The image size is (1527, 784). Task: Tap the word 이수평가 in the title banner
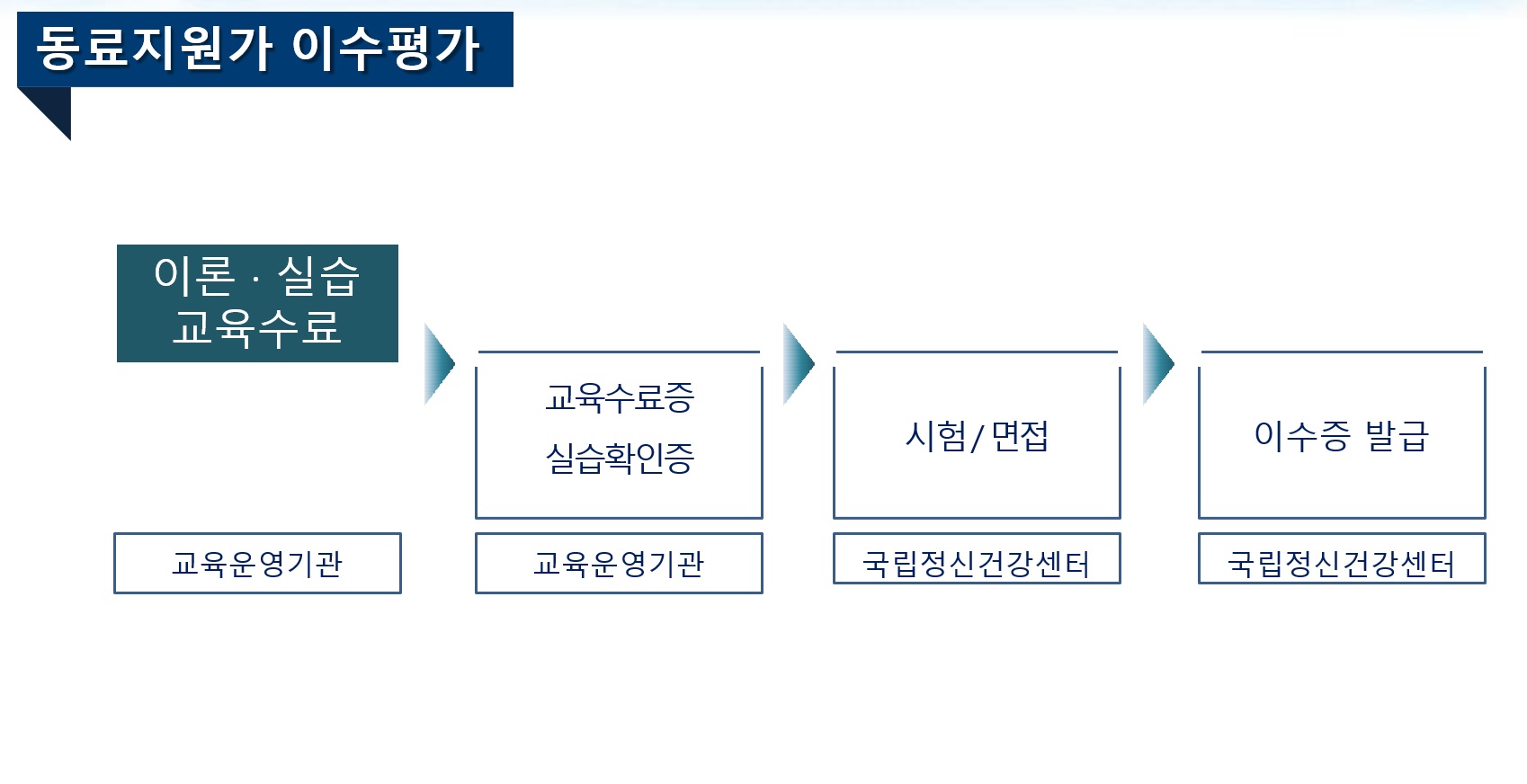click(x=386, y=49)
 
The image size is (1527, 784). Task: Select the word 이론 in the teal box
click(x=194, y=276)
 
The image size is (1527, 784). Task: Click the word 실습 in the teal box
click(x=318, y=276)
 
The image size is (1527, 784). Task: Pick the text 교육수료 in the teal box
click(x=257, y=327)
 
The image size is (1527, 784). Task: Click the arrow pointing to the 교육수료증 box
click(x=439, y=363)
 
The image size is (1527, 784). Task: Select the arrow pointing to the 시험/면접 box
click(x=798, y=363)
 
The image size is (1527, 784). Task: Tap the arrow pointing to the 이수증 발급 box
click(x=1157, y=363)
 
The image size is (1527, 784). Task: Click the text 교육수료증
click(x=620, y=397)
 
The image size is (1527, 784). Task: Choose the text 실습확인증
click(x=620, y=458)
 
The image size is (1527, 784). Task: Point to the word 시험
click(x=935, y=436)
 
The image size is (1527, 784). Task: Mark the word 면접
click(x=1020, y=436)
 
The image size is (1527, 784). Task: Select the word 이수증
click(x=1302, y=436)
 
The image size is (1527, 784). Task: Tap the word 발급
click(x=1397, y=436)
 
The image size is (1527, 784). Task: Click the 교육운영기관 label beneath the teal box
click(x=257, y=564)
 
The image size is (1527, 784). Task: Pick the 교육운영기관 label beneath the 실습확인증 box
click(x=619, y=564)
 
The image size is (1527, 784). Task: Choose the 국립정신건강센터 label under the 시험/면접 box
click(x=977, y=564)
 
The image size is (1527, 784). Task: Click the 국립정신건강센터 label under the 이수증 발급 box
click(x=1342, y=564)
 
